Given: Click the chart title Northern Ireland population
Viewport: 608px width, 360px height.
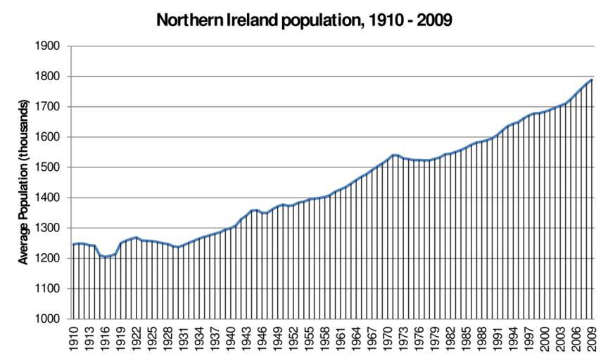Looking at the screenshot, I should [x=304, y=19].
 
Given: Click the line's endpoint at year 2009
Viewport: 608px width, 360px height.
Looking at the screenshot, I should [x=591, y=79].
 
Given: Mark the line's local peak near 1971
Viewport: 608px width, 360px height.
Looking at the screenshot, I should [x=393, y=155].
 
